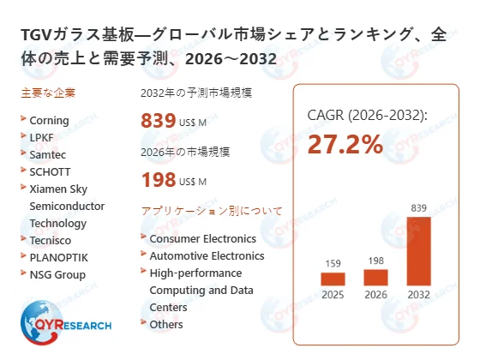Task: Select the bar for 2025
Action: [333, 279]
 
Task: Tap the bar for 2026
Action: [375, 277]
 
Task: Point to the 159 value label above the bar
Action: [333, 262]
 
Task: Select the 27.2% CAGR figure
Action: [345, 145]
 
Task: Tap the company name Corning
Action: [49, 121]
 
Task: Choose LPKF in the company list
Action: [42, 138]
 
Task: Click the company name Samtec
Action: [47, 154]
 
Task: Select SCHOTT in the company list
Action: [49, 171]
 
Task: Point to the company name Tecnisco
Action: [51, 240]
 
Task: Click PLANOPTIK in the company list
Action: [58, 257]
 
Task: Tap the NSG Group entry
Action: [57, 274]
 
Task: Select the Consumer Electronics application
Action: [202, 238]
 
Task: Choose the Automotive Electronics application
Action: [206, 255]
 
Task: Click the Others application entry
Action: [166, 324]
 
